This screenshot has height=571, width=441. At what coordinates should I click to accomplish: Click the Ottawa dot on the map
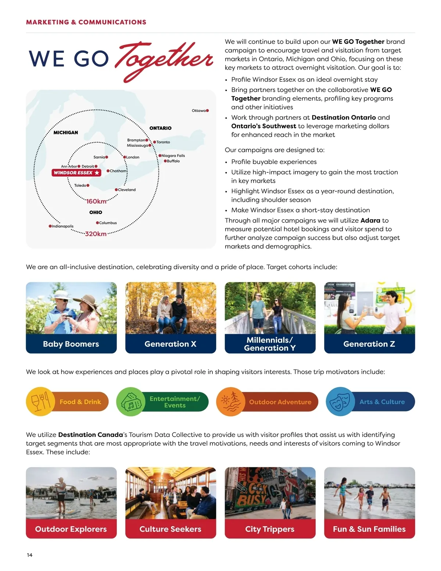[x=207, y=110]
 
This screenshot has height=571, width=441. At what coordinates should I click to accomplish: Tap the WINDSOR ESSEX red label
[x=76, y=172]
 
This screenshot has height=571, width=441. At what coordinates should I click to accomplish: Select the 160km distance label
[x=96, y=201]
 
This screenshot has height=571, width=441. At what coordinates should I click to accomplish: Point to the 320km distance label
[x=96, y=234]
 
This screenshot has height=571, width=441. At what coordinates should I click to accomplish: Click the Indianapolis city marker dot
[x=50, y=226]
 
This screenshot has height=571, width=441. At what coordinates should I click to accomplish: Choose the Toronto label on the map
[x=163, y=142]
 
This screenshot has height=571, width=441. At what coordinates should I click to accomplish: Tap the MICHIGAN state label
[x=66, y=132]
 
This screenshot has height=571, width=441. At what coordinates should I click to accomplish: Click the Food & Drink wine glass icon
[x=40, y=402]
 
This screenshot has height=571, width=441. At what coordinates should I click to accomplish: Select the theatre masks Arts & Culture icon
[x=340, y=402]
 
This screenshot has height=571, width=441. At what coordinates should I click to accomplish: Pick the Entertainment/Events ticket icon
[x=131, y=402]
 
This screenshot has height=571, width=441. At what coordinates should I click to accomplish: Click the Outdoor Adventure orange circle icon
[x=231, y=402]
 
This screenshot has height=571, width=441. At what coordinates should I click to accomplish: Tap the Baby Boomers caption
[x=71, y=344]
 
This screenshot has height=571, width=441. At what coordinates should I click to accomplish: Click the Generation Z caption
[x=369, y=344]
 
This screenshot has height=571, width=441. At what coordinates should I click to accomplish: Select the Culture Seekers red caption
[x=170, y=529]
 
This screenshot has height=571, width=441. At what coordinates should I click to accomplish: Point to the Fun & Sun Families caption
[x=369, y=529]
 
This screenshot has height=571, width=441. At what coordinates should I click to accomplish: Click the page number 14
[x=29, y=555]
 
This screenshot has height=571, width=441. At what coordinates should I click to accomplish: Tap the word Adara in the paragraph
[x=370, y=220]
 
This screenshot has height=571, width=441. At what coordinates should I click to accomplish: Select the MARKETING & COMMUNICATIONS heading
[x=86, y=22]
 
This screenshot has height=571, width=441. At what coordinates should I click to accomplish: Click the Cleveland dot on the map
[x=116, y=190]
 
